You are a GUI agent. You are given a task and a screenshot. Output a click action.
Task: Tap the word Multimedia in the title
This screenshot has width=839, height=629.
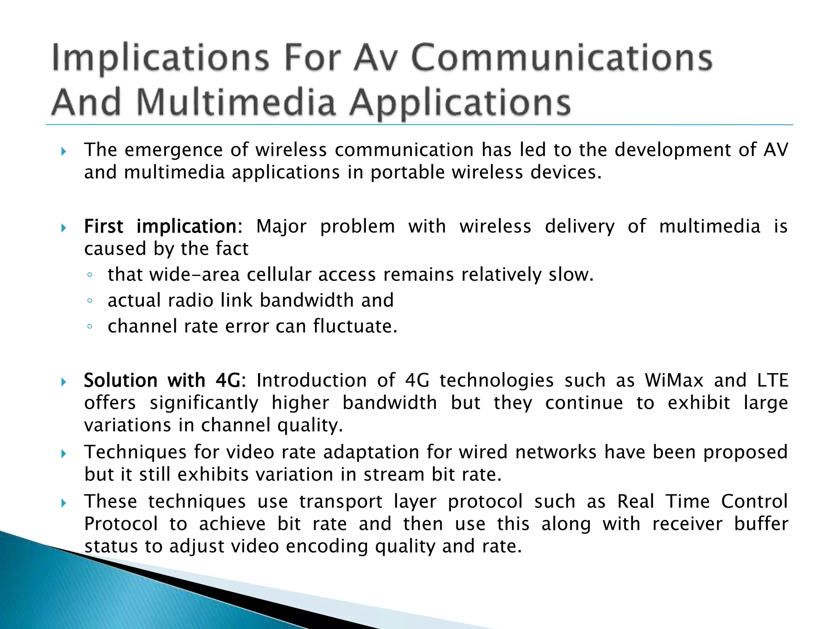tap(236, 102)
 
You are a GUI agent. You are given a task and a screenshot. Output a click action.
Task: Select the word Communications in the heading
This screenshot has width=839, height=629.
tap(562, 58)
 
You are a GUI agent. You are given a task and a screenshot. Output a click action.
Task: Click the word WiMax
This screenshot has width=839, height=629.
tap(674, 380)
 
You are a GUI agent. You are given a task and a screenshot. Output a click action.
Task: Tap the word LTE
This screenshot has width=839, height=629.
tap(772, 380)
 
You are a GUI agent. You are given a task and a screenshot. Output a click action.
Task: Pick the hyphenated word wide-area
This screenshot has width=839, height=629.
tap(194, 275)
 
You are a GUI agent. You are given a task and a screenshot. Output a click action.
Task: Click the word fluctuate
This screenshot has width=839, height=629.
tap(355, 326)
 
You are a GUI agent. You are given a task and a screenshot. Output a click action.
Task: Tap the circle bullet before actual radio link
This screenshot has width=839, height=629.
tap(90, 301)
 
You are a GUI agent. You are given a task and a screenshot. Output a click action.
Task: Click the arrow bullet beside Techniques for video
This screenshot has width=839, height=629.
tap(63, 453)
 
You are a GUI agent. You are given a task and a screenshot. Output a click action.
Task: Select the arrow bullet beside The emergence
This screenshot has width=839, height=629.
tap(63, 152)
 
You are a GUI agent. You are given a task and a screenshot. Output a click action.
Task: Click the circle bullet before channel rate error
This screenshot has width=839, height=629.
tap(90, 327)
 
